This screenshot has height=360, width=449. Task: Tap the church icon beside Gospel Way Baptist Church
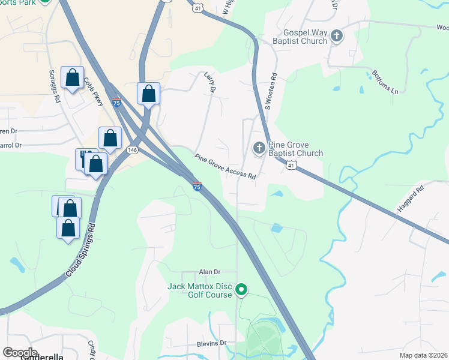point(336,36)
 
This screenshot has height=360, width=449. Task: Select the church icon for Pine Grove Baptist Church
point(259,148)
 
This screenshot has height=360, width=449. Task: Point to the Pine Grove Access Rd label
point(225,167)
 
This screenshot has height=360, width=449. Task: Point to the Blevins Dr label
point(211,343)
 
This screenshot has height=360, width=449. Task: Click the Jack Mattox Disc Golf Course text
point(199,290)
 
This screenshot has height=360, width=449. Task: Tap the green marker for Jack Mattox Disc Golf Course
point(241,290)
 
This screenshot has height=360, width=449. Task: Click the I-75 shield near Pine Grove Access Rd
point(196,187)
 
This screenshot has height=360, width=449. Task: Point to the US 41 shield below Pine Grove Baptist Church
point(291,164)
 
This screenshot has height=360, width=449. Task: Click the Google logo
point(20,353)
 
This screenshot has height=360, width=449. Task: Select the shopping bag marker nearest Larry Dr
point(148,94)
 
